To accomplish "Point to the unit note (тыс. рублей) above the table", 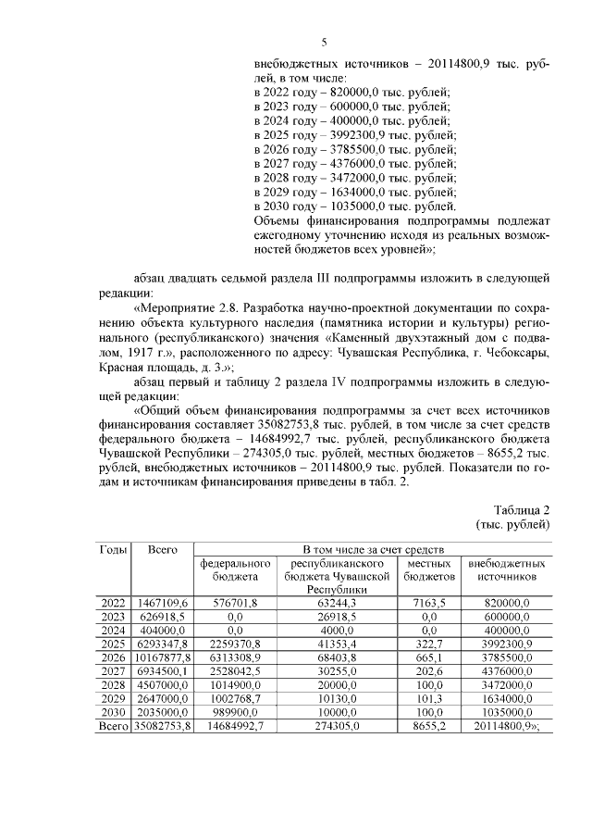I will pyautogui.click(x=513, y=525).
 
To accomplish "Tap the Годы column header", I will pyautogui.click(x=113, y=550).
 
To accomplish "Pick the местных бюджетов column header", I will pyautogui.click(x=428, y=569).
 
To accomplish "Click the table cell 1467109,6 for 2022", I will pyautogui.click(x=163, y=603).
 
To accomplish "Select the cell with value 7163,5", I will pyautogui.click(x=428, y=603).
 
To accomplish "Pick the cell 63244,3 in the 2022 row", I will pyautogui.click(x=331, y=603).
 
